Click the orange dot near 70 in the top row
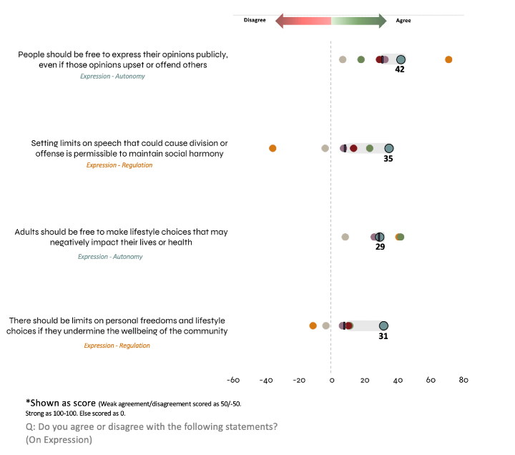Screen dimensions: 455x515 [448, 59]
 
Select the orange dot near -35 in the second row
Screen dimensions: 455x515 [273, 148]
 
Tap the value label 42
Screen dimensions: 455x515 [400, 70]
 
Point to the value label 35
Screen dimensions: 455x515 [388, 159]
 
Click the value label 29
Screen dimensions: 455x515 [380, 247]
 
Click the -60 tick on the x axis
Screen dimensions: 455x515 [232, 380]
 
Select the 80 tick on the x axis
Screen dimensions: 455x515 [463, 380]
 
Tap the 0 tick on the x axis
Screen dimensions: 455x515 [331, 380]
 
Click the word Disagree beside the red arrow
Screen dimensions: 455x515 [252, 21]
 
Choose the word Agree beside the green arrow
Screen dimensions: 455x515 [403, 21]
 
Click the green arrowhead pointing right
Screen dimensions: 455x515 [381, 21]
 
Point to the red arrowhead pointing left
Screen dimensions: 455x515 [281, 21]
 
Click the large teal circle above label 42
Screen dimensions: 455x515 [401, 60]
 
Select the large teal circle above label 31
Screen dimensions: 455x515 [383, 326]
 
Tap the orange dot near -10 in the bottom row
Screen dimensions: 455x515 [313, 326]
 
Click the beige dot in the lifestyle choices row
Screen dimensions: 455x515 [345, 237]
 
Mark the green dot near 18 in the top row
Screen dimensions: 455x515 [360, 59]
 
